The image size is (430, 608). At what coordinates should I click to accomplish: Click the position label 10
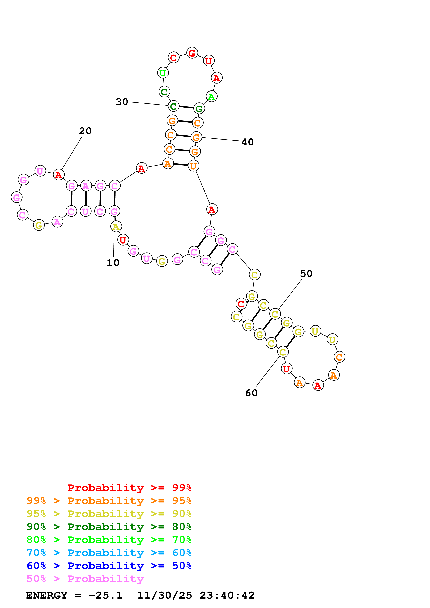113,263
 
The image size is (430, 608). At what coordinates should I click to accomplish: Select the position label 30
122,102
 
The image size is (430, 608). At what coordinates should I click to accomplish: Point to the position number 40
248,142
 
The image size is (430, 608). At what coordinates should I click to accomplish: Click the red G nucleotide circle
192,53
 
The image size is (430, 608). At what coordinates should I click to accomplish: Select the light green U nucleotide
163,73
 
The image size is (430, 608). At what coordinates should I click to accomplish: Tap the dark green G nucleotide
199,108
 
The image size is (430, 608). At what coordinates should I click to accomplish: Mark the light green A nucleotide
211,97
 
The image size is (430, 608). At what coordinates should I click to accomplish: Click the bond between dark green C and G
186,107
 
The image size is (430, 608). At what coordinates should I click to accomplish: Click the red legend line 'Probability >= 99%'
129,488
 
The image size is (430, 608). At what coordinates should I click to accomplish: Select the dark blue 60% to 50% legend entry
109,566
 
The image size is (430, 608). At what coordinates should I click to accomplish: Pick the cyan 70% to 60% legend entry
109,553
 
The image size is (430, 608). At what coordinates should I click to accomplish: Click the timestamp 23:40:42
227,595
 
